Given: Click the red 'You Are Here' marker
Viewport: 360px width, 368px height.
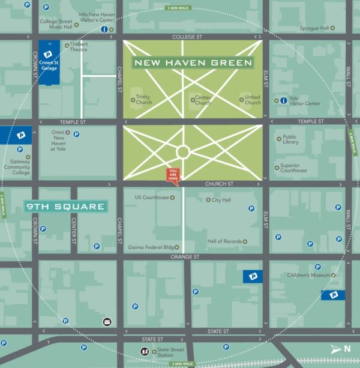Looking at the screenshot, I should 173,175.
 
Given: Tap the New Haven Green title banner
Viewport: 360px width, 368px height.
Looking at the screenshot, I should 193,62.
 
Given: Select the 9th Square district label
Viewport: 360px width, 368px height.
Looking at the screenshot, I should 66,207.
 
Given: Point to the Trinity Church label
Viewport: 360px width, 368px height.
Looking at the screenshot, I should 143,100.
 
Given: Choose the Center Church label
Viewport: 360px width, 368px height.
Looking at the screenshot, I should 202,100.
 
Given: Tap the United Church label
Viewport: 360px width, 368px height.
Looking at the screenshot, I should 252,100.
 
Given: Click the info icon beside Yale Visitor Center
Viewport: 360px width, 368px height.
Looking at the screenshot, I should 283,101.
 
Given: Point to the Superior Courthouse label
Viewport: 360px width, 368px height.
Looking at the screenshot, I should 293,167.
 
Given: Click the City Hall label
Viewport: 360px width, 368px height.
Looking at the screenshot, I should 221,200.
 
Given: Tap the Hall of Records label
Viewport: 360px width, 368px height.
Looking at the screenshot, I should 224,241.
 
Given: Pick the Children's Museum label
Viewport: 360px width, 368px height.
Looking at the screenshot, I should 310,275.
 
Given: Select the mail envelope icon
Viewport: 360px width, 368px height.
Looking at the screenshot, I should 107,322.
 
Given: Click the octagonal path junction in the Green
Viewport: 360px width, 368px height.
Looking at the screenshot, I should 183,151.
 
